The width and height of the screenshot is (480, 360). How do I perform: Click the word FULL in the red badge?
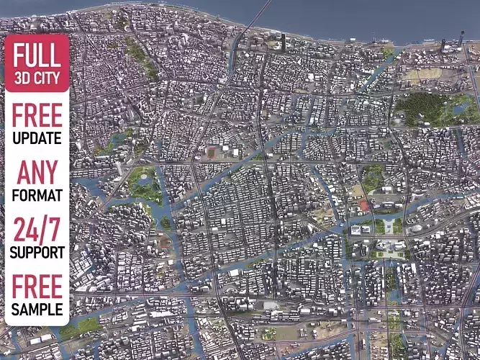tap(37, 55)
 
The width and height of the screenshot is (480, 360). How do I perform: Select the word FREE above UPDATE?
tap(37, 115)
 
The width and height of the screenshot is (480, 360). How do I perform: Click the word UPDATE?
tap(37, 138)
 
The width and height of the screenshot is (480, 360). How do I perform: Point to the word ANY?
tap(37, 172)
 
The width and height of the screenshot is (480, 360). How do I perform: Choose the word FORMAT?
tap(37, 195)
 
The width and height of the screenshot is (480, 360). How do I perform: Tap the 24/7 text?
tap(37, 230)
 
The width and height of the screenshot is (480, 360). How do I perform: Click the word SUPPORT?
tap(37, 253)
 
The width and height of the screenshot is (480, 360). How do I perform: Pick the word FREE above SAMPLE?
tap(37, 288)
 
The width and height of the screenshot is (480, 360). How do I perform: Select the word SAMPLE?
tap(37, 310)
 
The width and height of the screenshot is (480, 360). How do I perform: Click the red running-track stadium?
tap(212, 152)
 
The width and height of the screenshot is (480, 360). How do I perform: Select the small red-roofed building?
tap(364, 206)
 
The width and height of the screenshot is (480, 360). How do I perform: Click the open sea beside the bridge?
tap(324, 18)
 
